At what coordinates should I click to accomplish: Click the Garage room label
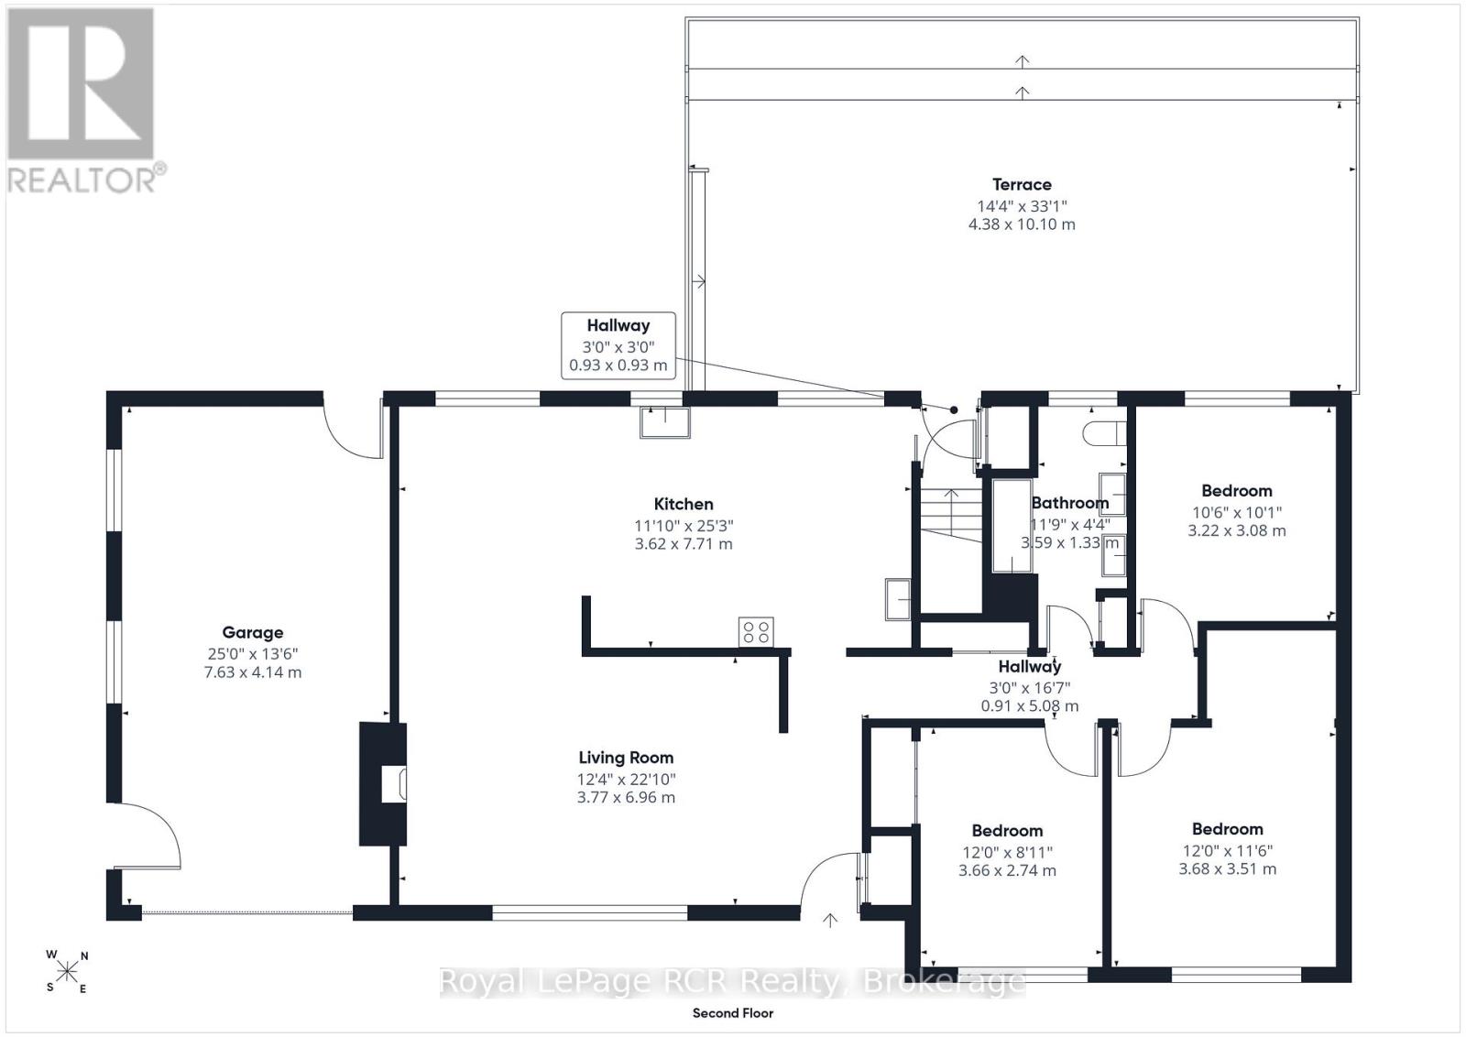(x=253, y=633)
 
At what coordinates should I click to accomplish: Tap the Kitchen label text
(x=684, y=505)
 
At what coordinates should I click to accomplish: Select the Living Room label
(x=626, y=758)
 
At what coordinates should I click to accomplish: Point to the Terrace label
(x=1022, y=184)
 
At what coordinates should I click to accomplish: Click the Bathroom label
(x=1070, y=503)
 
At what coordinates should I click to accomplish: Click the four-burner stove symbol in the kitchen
(x=756, y=632)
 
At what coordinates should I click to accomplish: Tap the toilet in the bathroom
(x=1104, y=434)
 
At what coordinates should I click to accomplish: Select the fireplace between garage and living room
(x=383, y=784)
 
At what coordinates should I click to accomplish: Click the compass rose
(x=67, y=972)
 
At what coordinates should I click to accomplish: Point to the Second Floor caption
(x=733, y=1013)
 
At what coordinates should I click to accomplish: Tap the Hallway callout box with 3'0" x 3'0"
(x=618, y=345)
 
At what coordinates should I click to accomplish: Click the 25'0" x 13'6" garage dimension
(x=253, y=653)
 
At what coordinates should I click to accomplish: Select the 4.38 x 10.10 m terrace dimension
(x=1022, y=224)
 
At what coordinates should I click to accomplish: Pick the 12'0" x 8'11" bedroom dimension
(x=1007, y=853)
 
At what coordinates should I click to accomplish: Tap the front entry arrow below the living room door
(x=830, y=921)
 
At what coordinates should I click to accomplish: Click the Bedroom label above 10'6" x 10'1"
(x=1236, y=491)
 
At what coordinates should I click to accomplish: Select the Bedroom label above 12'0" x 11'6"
(x=1227, y=830)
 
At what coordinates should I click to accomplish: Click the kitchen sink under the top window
(x=665, y=422)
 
